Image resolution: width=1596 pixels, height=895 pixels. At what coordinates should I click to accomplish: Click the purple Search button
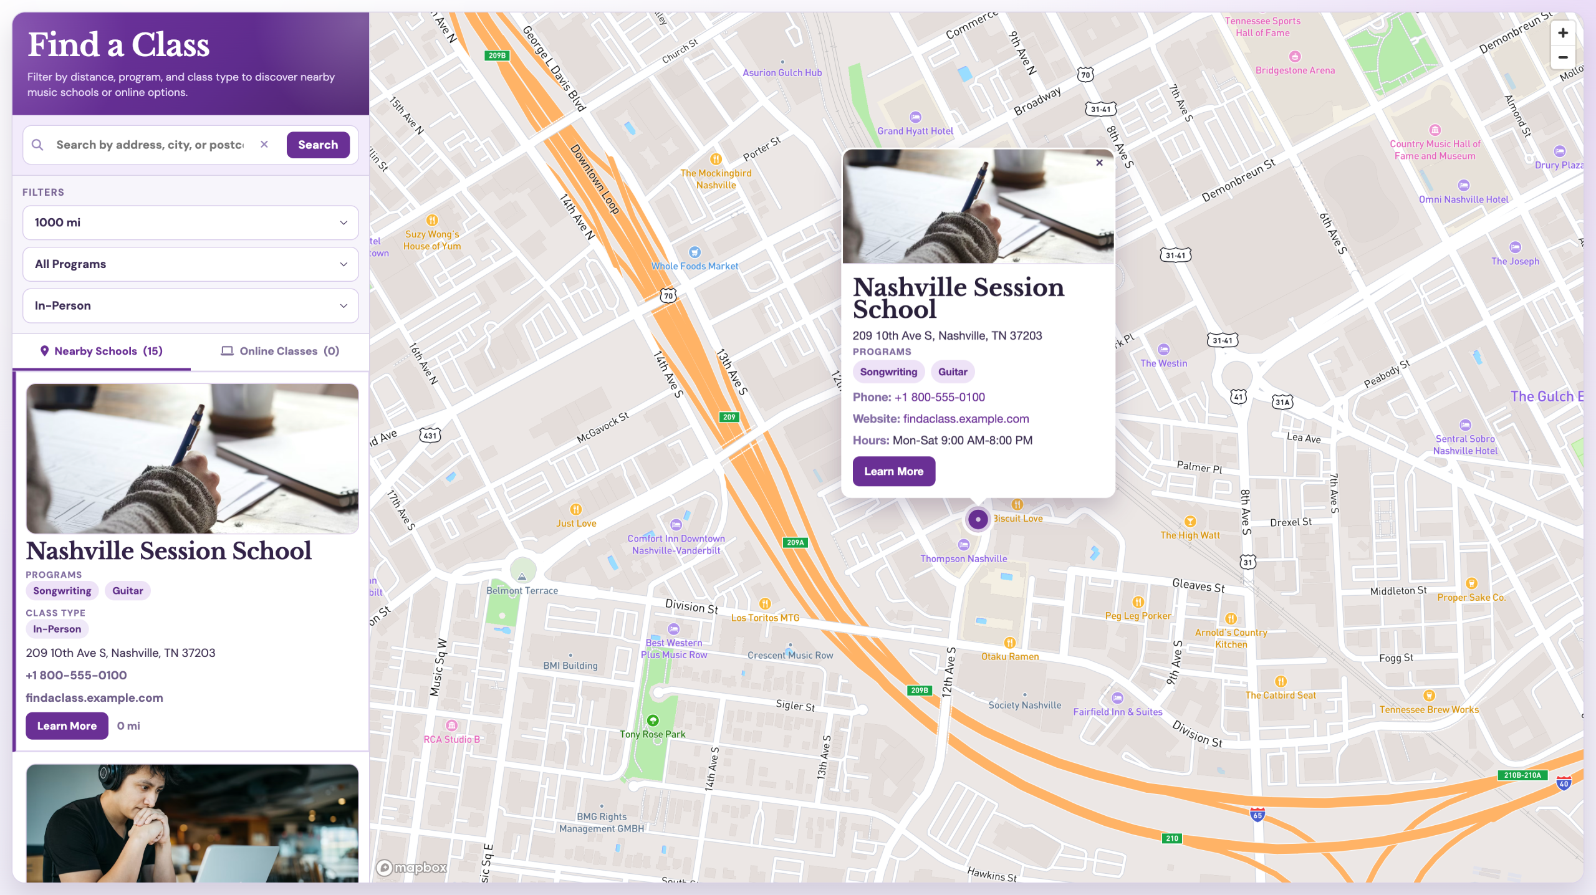pyautogui.click(x=318, y=145)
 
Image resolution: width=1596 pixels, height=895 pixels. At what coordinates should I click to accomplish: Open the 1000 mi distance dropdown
pyautogui.click(x=191, y=223)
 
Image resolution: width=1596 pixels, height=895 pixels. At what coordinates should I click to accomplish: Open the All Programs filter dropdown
pyautogui.click(x=191, y=264)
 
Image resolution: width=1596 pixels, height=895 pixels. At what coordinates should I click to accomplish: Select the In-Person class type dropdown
pyautogui.click(x=191, y=306)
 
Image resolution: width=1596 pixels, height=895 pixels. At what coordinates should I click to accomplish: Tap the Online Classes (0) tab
pyautogui.click(x=280, y=351)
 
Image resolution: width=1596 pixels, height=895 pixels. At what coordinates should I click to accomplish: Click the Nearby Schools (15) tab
pyautogui.click(x=101, y=351)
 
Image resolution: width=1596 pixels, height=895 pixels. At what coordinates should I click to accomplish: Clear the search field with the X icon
pyautogui.click(x=264, y=144)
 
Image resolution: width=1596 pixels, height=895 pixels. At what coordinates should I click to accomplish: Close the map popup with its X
pyautogui.click(x=1099, y=163)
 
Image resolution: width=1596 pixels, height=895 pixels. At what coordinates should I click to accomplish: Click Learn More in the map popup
pyautogui.click(x=893, y=471)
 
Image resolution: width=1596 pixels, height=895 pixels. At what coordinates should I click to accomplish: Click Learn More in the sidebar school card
pyautogui.click(x=67, y=726)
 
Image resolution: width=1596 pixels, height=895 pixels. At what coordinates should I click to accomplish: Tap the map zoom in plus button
pyautogui.click(x=1563, y=33)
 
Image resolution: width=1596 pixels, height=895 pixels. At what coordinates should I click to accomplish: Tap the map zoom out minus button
pyautogui.click(x=1563, y=57)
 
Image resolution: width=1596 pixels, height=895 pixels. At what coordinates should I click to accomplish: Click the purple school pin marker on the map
pyautogui.click(x=978, y=519)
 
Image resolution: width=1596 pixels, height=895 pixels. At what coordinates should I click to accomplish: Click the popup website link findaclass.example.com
pyautogui.click(x=966, y=419)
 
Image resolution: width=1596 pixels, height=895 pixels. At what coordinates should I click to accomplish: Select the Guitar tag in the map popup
pyautogui.click(x=953, y=372)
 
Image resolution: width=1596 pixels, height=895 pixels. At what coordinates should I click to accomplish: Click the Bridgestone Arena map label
pyautogui.click(x=1295, y=70)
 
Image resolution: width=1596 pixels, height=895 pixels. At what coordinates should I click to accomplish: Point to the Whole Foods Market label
pyautogui.click(x=695, y=266)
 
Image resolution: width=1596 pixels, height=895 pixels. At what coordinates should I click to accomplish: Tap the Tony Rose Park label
pyautogui.click(x=652, y=734)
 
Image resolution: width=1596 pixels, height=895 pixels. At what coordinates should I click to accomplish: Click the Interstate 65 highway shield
pyautogui.click(x=1257, y=815)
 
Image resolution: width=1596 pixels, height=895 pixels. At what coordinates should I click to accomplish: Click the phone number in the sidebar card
pyautogui.click(x=76, y=675)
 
